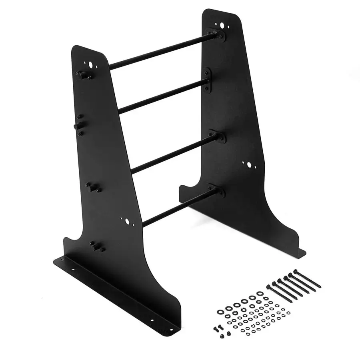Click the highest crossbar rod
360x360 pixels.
coord(160,52)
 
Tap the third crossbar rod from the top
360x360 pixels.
coord(172,154)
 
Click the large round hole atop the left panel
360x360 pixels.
coord(91,64)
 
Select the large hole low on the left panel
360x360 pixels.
coord(127,221)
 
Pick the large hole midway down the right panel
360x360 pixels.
coord(249,164)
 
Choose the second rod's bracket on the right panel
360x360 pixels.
coord(206,79)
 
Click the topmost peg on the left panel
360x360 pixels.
coord(83,74)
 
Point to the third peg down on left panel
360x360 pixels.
coord(93,187)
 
